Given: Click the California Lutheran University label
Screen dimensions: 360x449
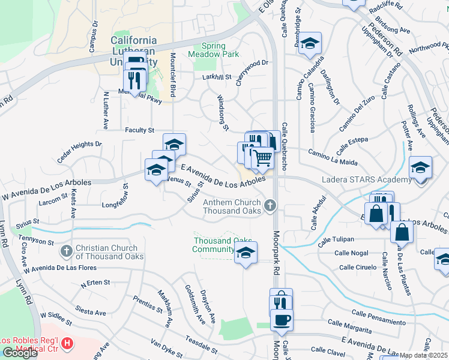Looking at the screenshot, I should click(x=134, y=50).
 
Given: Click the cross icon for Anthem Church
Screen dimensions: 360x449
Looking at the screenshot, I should click(x=270, y=206).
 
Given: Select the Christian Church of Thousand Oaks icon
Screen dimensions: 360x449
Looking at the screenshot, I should click(x=67, y=250).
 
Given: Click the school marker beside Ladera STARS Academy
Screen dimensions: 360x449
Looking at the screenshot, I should click(x=420, y=167).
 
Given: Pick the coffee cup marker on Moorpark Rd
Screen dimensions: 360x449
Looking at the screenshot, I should click(x=282, y=319).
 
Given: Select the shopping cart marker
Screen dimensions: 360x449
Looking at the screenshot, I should click(x=262, y=158).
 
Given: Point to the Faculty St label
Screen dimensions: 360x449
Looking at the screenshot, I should click(x=140, y=130).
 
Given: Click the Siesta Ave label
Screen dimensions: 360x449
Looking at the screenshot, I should click(x=91, y=311).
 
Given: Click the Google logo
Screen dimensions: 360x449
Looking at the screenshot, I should click(x=19, y=352).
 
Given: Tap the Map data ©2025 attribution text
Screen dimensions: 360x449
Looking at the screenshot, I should click(x=423, y=355).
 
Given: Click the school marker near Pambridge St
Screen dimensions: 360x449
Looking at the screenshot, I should click(x=310, y=44).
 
